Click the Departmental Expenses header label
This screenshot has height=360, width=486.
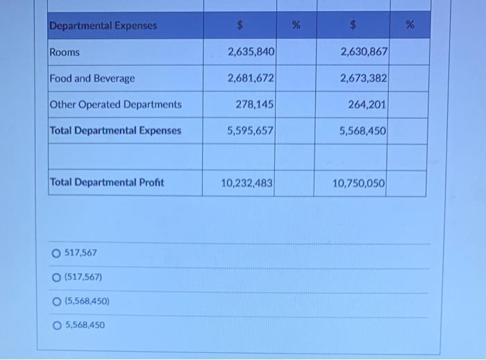tap(103, 26)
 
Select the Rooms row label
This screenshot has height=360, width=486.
tap(65, 52)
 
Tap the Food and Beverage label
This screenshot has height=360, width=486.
tap(92, 79)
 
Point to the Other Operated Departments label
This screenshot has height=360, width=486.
tap(115, 105)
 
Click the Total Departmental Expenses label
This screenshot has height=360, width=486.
tap(115, 131)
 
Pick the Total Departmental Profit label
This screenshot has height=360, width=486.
tap(107, 183)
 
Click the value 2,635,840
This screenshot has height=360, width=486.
tap(251, 52)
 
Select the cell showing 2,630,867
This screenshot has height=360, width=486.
tap(364, 52)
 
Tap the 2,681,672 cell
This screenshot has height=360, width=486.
tap(251, 79)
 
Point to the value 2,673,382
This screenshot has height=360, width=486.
tap(364, 79)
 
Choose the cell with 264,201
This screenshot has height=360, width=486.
tap(369, 105)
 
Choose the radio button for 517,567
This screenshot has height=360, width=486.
tap(56, 253)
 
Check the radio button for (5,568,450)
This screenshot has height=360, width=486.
tap(56, 302)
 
